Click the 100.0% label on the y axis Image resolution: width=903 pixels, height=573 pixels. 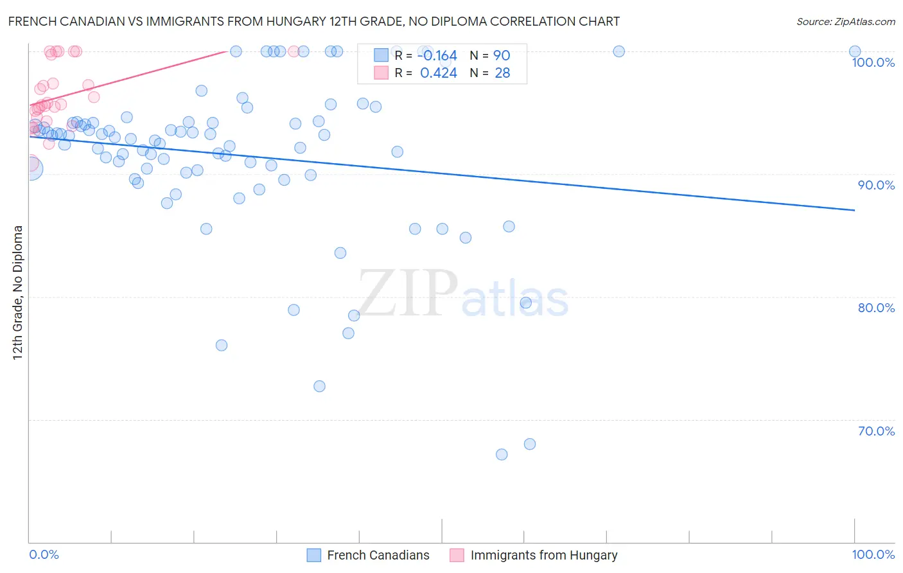tap(873, 62)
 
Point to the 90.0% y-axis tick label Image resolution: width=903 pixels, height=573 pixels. tap(876, 185)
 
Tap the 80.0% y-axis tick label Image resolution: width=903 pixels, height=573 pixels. tap(876, 308)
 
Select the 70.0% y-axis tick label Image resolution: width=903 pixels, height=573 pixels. tap(876, 431)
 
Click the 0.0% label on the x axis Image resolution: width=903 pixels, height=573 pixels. tap(44, 554)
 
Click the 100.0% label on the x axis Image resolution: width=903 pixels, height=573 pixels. tap(873, 554)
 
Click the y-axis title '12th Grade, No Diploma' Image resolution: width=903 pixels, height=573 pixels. tap(18, 292)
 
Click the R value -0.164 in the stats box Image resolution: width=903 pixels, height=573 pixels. tap(438, 55)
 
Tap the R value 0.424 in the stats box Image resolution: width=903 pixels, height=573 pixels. tap(438, 73)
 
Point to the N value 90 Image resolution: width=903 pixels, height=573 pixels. tap(502, 55)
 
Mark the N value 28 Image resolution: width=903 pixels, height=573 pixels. tap(502, 73)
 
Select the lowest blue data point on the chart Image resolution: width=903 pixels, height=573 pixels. tap(502, 454)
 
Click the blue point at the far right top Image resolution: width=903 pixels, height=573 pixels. tap(855, 51)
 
